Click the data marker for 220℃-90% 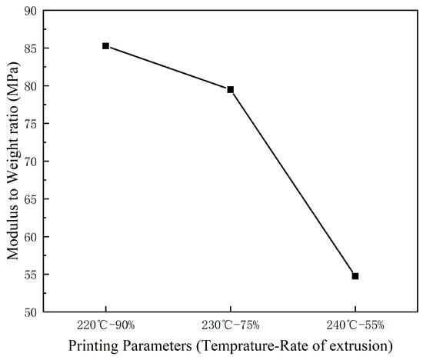pyautogui.click(x=105, y=46)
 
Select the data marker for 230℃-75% pyautogui.click(x=230, y=89)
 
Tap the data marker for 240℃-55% pyautogui.click(x=355, y=275)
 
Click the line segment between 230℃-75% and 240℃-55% pyautogui.click(x=292, y=182)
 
